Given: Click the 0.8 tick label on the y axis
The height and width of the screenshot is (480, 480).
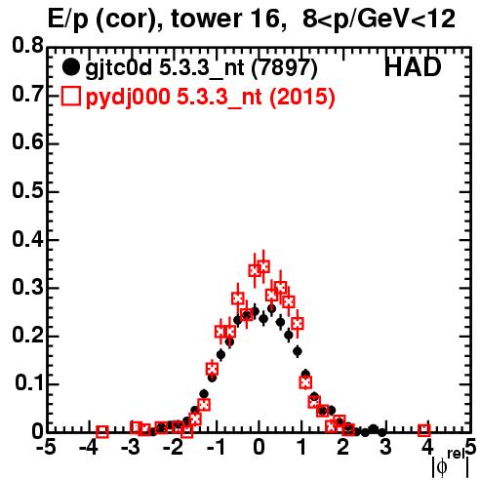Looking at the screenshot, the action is tap(27, 46).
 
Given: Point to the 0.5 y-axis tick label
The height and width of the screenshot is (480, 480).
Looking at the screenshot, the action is tap(27, 190).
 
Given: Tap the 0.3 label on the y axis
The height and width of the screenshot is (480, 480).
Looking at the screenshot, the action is tap(27, 287).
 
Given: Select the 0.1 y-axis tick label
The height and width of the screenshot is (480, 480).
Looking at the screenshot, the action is tap(28, 383).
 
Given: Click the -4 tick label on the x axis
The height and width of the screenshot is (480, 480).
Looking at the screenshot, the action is tap(89, 447).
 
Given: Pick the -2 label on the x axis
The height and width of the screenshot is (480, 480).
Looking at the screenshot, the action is tap(174, 447).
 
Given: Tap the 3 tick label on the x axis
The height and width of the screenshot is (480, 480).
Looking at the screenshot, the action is tap(385, 447).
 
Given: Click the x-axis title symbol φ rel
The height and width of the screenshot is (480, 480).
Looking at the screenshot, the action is tap(450, 464).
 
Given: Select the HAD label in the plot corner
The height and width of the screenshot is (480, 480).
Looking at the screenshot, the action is tap(413, 67).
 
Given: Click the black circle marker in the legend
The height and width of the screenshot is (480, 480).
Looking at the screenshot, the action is tap(70, 67).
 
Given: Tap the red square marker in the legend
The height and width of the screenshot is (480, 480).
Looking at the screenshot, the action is tap(70, 97).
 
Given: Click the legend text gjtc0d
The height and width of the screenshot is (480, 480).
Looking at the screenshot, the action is tap(119, 69).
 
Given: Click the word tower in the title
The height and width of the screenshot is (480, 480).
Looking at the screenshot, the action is tap(206, 19).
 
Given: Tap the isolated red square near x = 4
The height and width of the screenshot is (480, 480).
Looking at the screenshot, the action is tap(424, 430).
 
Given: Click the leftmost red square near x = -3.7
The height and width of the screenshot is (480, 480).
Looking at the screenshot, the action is tap(102, 431).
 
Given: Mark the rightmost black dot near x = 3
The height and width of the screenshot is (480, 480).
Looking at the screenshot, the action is tap(382, 432).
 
